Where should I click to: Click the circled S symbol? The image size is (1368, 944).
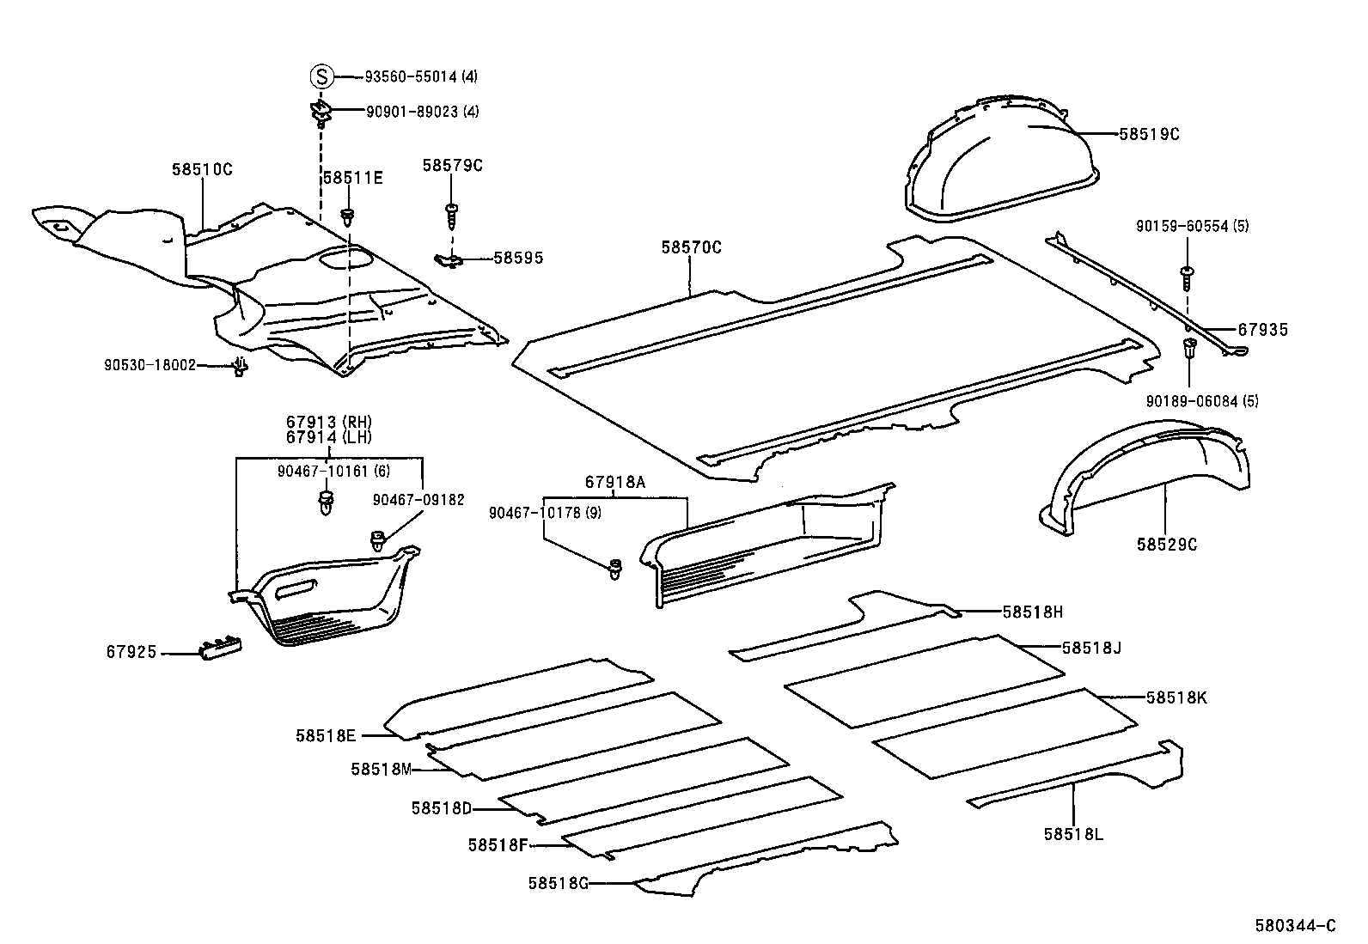click(x=321, y=77)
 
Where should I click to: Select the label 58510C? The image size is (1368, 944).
click(x=201, y=170)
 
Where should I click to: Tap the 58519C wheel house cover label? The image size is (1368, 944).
click(x=1149, y=134)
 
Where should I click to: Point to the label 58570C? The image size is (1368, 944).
click(x=691, y=248)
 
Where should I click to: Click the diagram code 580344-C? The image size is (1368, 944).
click(x=1296, y=925)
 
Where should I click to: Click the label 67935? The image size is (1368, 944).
click(x=1262, y=330)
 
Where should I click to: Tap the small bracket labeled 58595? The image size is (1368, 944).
click(x=449, y=258)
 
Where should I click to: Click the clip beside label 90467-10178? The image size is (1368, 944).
click(x=615, y=569)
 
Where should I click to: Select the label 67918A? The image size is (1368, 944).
click(x=614, y=483)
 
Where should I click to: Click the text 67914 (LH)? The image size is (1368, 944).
click(x=328, y=437)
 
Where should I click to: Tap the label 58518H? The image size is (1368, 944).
click(x=1032, y=612)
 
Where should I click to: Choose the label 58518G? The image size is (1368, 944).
click(x=558, y=883)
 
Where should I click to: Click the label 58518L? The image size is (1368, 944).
click(x=1073, y=834)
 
